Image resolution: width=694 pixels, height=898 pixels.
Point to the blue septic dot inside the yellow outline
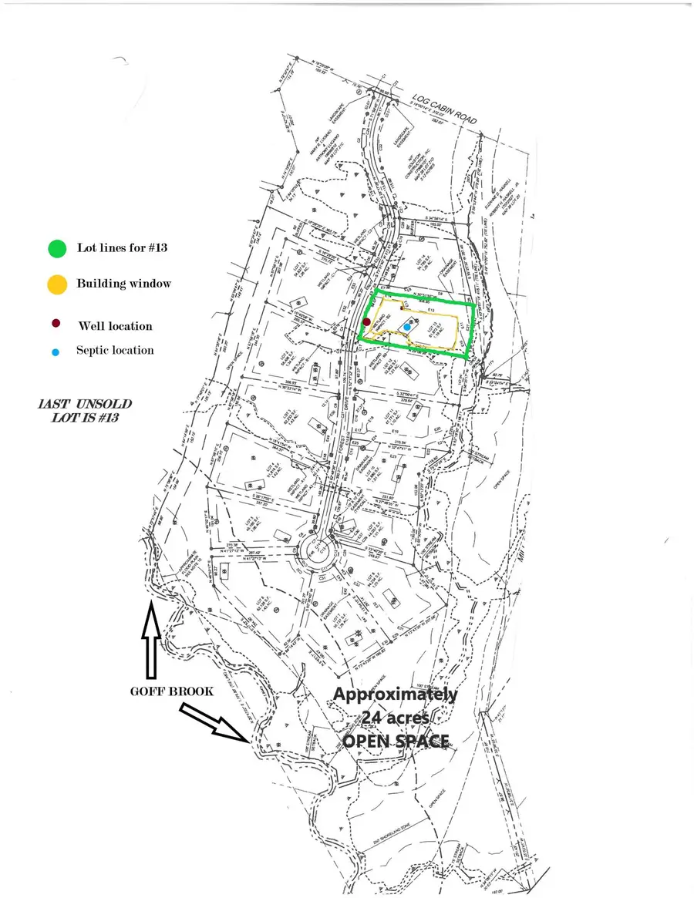(x=407, y=328)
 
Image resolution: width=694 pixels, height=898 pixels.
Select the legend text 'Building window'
(x=123, y=284)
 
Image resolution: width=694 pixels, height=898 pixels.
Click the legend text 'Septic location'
(x=115, y=350)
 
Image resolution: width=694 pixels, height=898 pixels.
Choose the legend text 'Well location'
(x=115, y=326)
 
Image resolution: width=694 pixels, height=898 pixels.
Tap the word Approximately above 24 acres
(x=395, y=694)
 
